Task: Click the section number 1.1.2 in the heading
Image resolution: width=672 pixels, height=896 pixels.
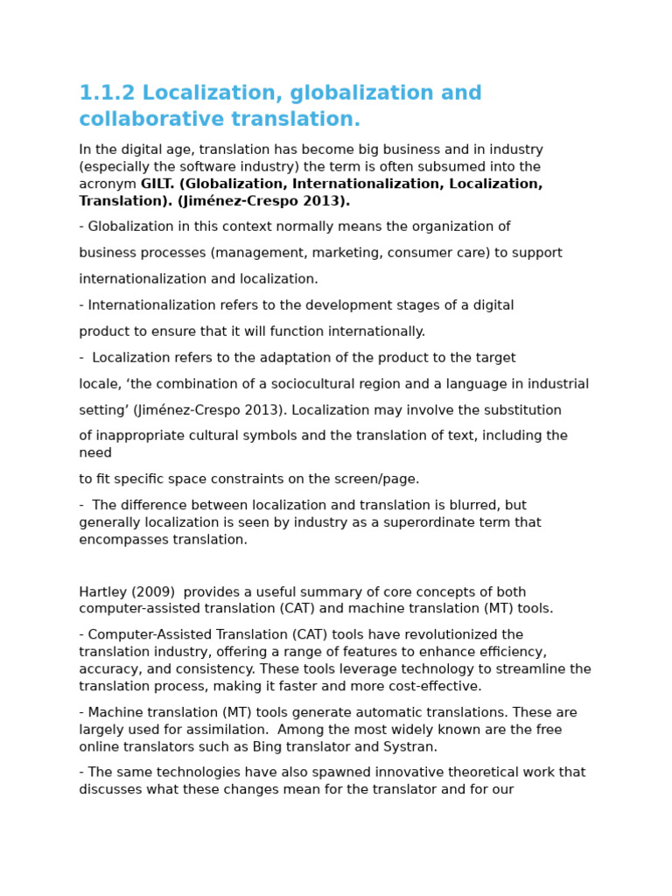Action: pyautogui.click(x=107, y=94)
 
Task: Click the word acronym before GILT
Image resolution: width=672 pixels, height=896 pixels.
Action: pyautogui.click(x=108, y=185)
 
